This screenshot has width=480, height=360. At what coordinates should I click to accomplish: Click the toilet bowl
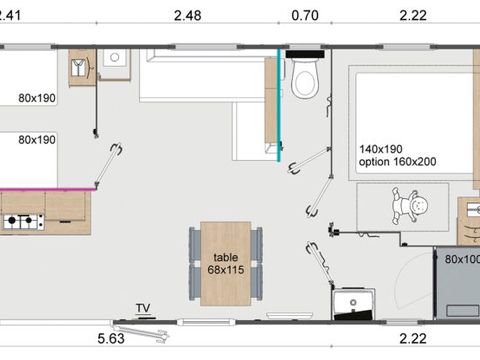tap(305, 78)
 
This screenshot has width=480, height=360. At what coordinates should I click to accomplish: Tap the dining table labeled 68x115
tap(226, 264)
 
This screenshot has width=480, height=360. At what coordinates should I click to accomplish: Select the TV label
tap(143, 308)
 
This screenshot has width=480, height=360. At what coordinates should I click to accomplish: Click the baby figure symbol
tap(410, 206)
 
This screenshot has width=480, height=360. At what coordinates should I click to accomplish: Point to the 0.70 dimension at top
tap(305, 16)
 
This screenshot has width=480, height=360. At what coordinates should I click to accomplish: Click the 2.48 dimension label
tap(188, 16)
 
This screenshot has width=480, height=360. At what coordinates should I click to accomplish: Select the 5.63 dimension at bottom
tap(111, 339)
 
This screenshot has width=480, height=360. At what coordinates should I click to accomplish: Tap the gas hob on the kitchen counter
tap(24, 222)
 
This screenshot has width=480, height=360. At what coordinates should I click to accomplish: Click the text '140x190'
tap(381, 149)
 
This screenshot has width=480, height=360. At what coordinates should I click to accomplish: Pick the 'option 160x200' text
tap(398, 162)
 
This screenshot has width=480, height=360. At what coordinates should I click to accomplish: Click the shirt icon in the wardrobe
tap(79, 68)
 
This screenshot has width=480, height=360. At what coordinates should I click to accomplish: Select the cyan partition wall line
tap(279, 105)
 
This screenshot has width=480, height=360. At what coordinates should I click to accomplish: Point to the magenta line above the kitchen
tap(48, 189)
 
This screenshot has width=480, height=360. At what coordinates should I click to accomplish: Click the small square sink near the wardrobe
tap(115, 58)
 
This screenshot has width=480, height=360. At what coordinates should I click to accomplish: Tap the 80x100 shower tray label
tap(462, 259)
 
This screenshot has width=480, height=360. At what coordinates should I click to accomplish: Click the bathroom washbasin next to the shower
tap(353, 304)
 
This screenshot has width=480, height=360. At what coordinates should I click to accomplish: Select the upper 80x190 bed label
tap(37, 98)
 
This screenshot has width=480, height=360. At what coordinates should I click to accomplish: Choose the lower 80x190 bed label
tap(37, 140)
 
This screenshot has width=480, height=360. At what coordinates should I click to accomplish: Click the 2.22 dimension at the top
tap(413, 16)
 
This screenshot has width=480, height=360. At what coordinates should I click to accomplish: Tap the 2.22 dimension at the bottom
tap(413, 339)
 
